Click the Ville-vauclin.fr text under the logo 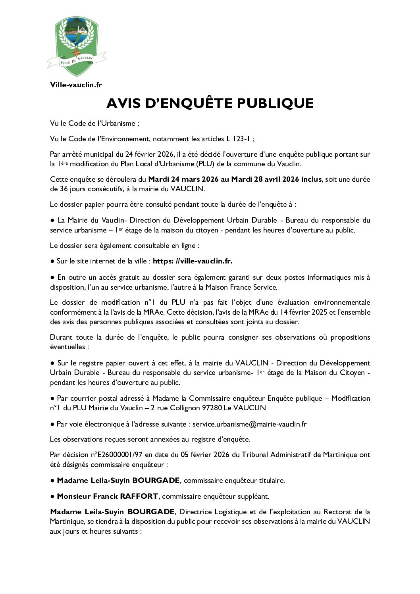[x=76, y=85]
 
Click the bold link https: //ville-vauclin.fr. [x=193, y=261]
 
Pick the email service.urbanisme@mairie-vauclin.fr [x=249, y=424]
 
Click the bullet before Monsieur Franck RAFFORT [x=52, y=496]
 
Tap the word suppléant [x=254, y=496]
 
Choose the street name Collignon [x=186, y=408]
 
